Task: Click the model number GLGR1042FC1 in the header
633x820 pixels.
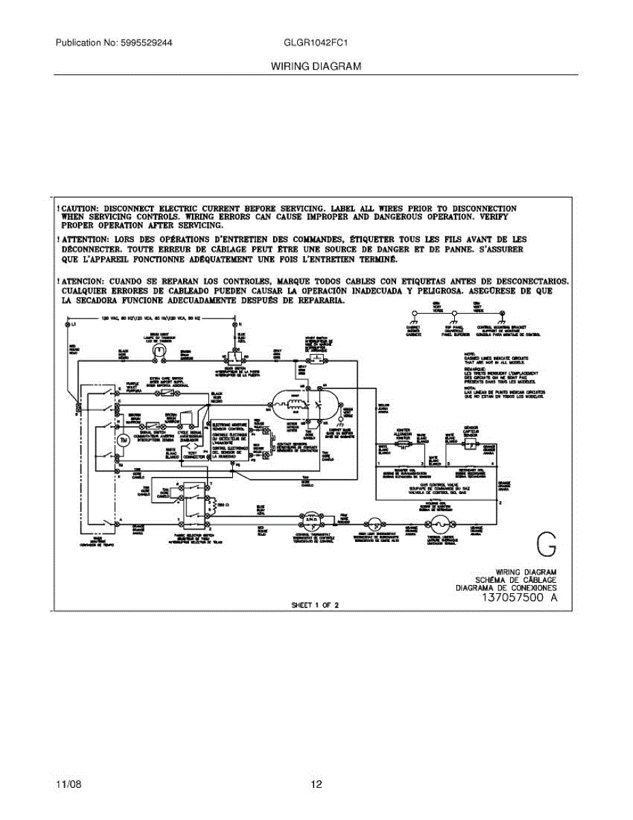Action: [x=318, y=42]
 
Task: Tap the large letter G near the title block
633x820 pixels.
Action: [x=546, y=546]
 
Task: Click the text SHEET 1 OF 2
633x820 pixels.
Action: [x=315, y=605]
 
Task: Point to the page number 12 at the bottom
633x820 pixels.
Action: [x=316, y=784]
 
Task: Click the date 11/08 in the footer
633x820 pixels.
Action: [x=68, y=784]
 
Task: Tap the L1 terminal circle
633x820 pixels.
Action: [x=67, y=325]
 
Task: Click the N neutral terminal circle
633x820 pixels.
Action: [x=234, y=325]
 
